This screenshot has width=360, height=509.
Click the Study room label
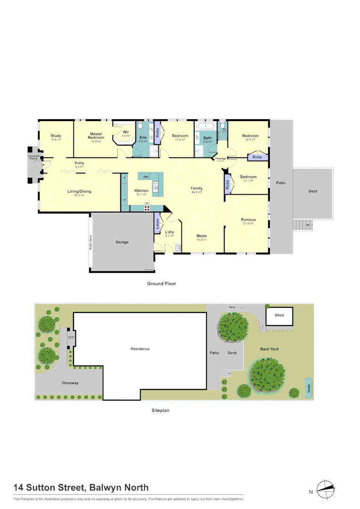(x=56, y=136)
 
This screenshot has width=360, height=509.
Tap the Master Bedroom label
(x=96, y=136)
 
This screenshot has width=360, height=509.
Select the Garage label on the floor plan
(x=122, y=242)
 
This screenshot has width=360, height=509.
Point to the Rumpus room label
(x=248, y=220)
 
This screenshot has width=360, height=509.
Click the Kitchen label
(x=141, y=191)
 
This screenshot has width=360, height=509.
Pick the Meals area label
(x=202, y=236)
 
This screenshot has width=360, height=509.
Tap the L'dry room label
(x=170, y=232)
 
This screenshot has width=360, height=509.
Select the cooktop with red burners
(x=147, y=207)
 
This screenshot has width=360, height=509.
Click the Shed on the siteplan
(x=279, y=315)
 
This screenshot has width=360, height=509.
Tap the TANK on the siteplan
(x=309, y=388)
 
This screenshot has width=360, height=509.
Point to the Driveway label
(x=70, y=383)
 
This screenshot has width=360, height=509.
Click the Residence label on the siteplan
(x=140, y=349)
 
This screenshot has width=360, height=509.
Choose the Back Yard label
(x=270, y=349)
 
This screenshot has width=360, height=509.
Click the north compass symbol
(x=325, y=490)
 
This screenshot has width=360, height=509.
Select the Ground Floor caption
(x=162, y=284)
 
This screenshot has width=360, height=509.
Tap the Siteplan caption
(x=160, y=410)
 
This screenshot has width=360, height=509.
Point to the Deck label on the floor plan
(x=313, y=191)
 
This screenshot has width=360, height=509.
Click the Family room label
(x=196, y=189)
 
